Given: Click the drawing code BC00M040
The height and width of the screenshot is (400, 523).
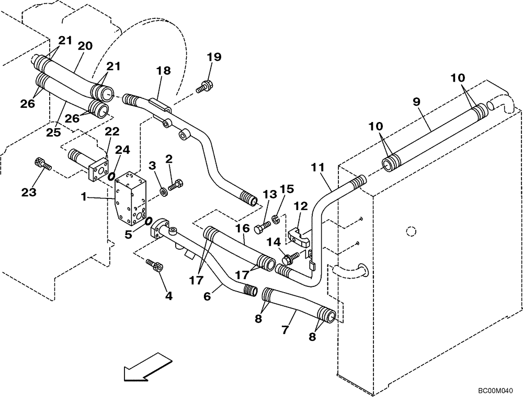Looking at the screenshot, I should [495, 391].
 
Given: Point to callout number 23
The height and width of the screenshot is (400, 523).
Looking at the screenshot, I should [29, 192].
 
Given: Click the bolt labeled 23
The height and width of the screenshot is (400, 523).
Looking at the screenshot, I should [41, 163].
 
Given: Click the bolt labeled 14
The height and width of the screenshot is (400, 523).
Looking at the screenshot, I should [289, 257].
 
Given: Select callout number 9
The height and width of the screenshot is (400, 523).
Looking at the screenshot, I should [417, 102].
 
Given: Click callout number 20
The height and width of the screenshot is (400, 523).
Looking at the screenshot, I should [85, 46].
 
